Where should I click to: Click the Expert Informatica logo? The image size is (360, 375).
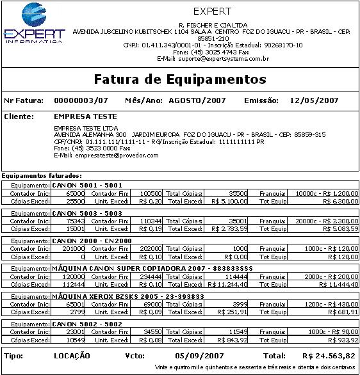[34, 23]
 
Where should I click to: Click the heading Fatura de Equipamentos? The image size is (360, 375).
[179, 79]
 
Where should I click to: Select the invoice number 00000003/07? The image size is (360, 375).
[81, 100]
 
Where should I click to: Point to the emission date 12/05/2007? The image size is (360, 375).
[314, 100]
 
